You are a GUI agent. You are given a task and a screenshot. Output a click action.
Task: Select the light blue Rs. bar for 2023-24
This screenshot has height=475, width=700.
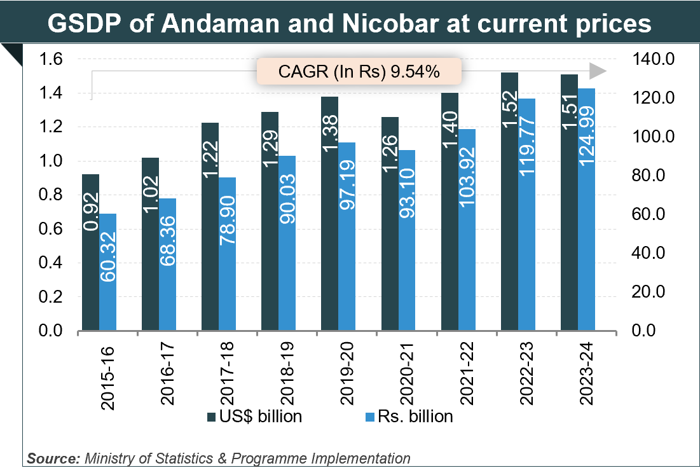[586, 210]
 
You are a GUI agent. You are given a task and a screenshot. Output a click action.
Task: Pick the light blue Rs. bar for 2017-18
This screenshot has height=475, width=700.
[227, 254]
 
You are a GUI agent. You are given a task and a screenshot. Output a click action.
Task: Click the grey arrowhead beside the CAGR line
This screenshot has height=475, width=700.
[598, 71]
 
